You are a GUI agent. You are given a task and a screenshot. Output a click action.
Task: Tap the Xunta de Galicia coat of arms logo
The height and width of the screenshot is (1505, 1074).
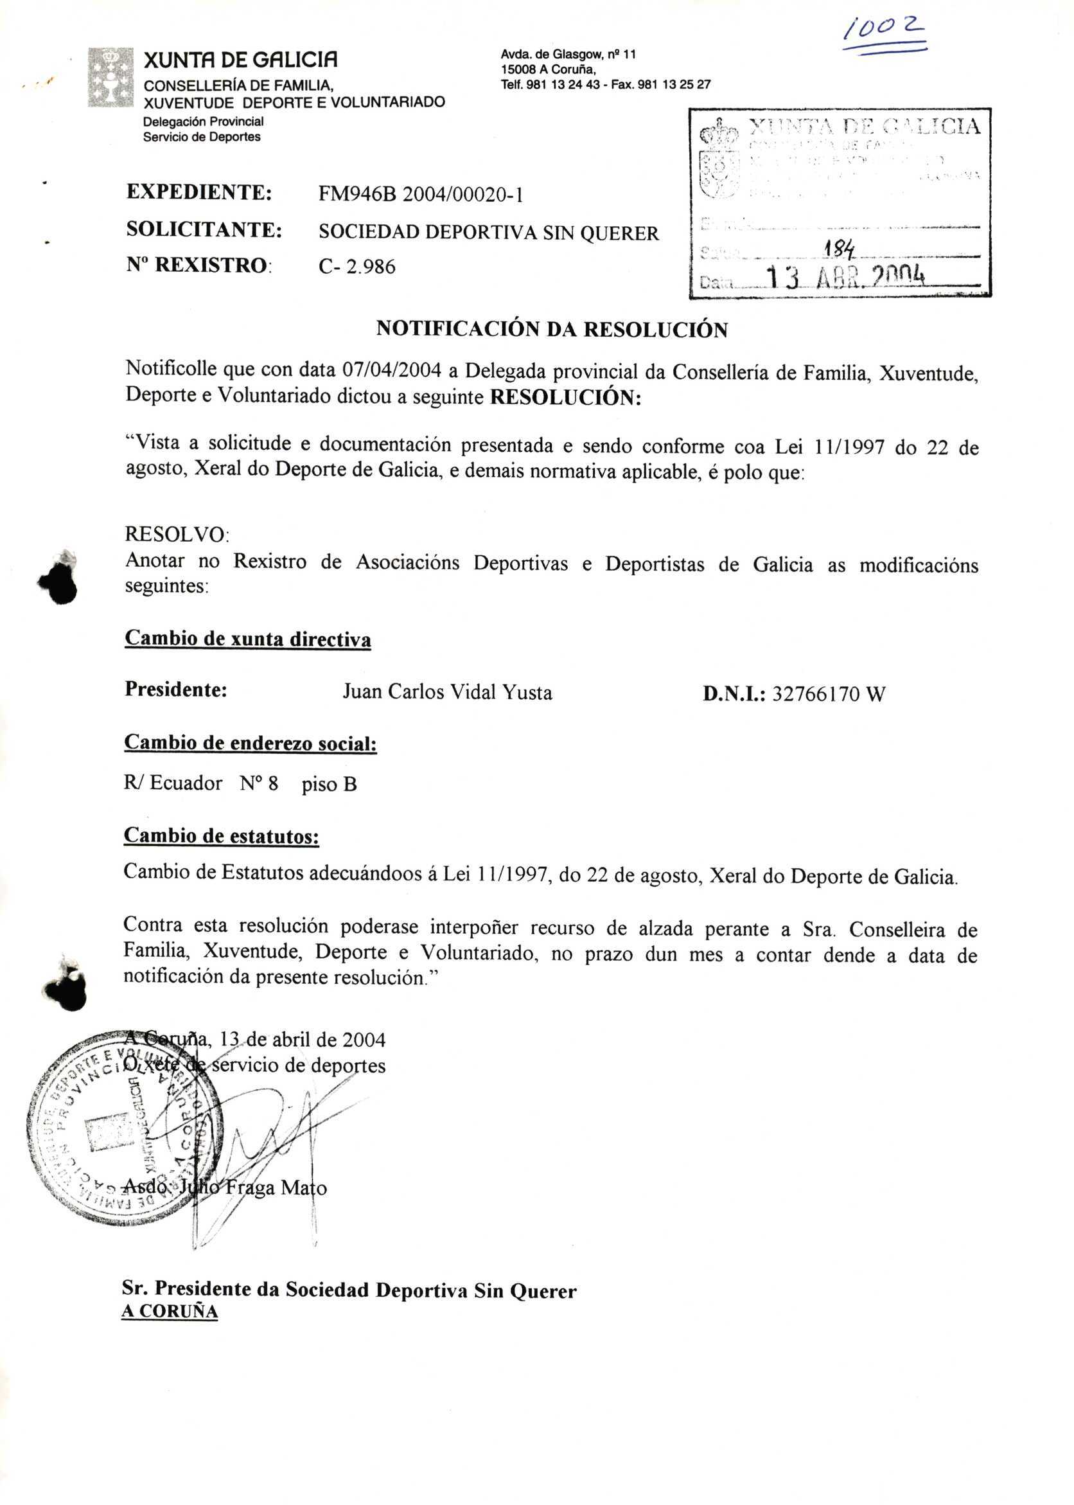[x=110, y=77]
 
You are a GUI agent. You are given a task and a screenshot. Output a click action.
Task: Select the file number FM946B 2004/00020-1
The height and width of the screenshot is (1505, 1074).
[x=421, y=195]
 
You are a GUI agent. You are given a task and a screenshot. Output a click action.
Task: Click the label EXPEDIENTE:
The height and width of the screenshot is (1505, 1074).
[x=199, y=193]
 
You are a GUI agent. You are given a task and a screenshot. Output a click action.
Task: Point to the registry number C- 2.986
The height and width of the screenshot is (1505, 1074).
[x=357, y=267]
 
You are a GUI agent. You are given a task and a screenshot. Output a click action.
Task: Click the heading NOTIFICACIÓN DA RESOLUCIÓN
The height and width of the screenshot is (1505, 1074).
[x=552, y=330]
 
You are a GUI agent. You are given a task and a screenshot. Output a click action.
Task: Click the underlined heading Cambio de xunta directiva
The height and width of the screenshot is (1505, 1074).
[x=247, y=639]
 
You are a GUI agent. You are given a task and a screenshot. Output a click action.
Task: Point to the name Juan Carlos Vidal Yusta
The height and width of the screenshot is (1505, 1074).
[x=447, y=692]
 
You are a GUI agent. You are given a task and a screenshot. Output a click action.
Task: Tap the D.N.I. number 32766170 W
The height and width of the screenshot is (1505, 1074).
[x=828, y=694]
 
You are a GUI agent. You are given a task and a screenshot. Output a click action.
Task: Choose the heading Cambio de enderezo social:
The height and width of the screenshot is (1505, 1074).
[x=250, y=743]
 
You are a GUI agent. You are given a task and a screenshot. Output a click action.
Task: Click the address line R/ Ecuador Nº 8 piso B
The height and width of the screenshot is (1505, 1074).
[x=240, y=784]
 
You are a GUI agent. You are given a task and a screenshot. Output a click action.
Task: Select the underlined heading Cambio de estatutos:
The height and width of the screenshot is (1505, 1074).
[x=222, y=835]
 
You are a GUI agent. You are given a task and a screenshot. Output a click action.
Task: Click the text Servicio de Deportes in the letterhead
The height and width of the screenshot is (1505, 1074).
[x=202, y=137]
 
